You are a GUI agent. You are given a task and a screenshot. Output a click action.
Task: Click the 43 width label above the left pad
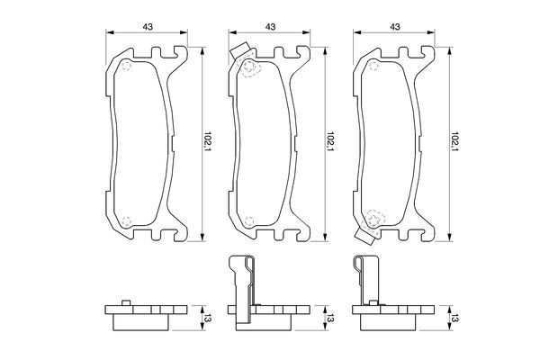point(148,26)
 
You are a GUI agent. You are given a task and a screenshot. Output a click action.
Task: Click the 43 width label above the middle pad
point(270,26)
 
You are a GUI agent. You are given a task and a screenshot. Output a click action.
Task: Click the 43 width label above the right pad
point(395,26)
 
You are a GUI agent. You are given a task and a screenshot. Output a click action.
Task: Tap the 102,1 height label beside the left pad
point(207,141)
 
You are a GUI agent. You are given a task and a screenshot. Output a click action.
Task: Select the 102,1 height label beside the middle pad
point(330,141)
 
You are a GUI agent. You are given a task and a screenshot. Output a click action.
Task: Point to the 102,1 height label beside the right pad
point(455,141)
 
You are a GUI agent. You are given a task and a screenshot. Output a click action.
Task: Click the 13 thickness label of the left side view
point(207,319)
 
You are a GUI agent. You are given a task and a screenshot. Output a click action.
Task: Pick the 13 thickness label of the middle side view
point(330,319)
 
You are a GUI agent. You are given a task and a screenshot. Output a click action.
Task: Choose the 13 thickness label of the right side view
point(455,319)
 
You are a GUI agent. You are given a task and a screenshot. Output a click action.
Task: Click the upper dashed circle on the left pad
point(127,66)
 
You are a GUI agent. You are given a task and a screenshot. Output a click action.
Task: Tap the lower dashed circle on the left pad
point(127,221)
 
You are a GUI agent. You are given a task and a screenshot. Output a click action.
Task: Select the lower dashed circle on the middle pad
point(249,221)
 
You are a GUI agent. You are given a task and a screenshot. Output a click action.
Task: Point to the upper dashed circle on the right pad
point(373,66)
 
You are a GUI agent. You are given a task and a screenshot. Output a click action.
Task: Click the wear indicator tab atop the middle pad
point(239,50)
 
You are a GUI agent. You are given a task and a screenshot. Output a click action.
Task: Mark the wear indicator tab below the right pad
point(364,237)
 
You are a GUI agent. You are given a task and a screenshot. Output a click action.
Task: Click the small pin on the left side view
point(126,302)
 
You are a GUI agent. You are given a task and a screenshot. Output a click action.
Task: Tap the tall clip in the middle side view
point(242,292)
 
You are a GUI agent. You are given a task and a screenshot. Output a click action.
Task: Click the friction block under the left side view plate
point(141,322)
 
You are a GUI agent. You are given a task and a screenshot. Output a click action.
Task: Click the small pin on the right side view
point(373,302)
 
